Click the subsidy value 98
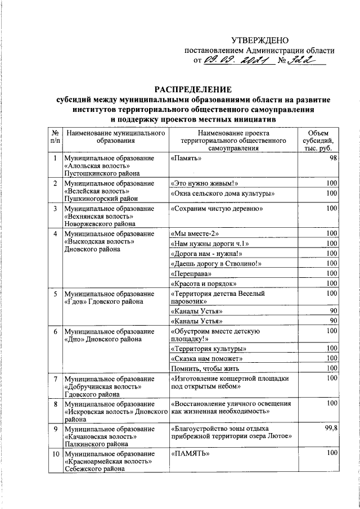(333, 159)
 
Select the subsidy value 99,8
(328, 428)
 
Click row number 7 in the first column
(55, 379)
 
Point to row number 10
(55, 453)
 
